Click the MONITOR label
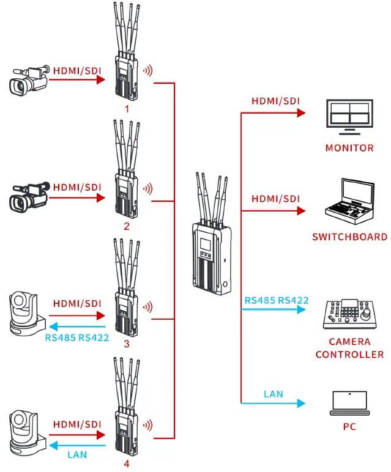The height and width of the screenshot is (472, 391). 349,148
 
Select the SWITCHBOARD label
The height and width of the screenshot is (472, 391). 349,237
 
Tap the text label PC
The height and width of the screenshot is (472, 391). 349,426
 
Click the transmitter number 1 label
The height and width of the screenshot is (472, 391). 126,109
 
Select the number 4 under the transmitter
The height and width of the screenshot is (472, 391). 127,463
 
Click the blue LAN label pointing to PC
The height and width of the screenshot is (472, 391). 273,394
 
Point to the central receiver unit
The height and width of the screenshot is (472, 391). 212,257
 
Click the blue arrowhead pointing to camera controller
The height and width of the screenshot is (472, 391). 300,309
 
